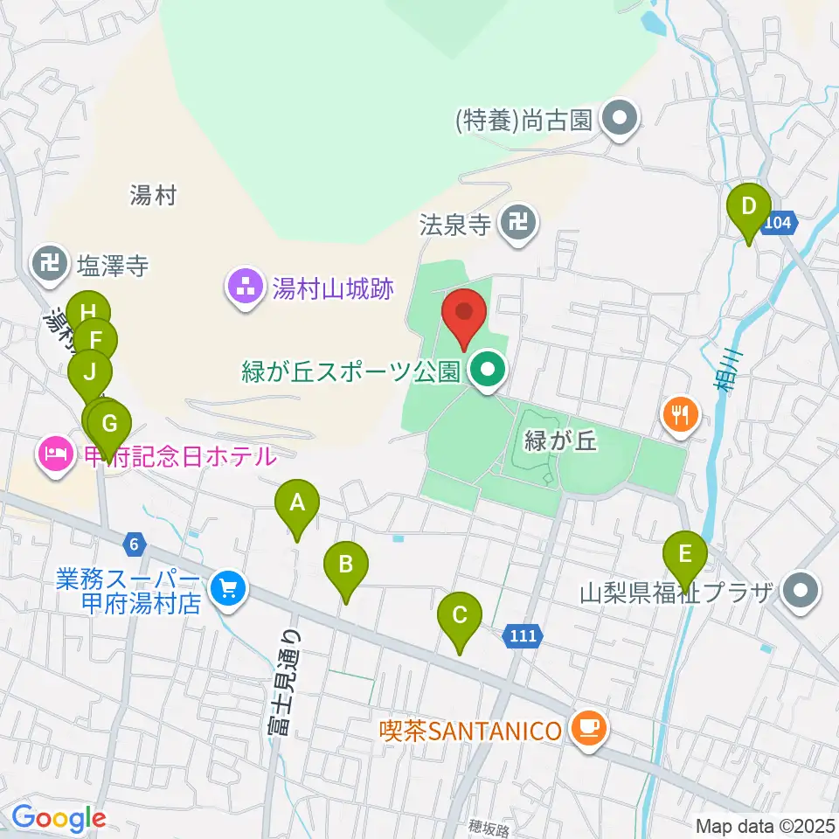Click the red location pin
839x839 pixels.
(x=465, y=315)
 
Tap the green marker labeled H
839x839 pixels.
(x=87, y=313)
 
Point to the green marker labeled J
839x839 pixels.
(x=90, y=371)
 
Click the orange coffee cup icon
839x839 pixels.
(x=588, y=727)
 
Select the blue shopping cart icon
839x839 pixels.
(x=230, y=588)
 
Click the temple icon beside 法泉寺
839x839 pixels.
(x=520, y=225)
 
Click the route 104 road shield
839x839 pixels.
(x=779, y=224)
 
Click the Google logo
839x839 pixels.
(x=59, y=818)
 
